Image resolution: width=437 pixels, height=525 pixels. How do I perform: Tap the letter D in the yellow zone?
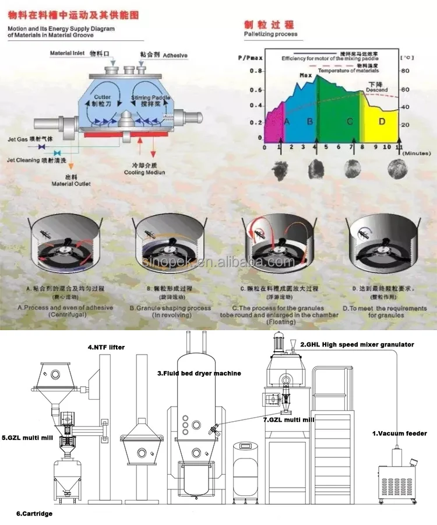pos(382,121)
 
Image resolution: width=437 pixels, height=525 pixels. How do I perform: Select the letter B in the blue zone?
pos(310,121)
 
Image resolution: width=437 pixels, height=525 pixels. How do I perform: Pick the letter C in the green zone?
pos(350,121)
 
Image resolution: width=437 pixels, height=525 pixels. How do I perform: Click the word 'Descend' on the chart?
pos(376,90)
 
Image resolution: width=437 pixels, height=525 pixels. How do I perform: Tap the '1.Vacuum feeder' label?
pos(400,433)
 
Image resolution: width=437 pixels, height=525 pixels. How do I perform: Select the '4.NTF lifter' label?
pos(107,348)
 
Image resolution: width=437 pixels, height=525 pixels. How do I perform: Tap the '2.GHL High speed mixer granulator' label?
pos(357,345)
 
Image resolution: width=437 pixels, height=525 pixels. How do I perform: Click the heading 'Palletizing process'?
pos(270,34)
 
